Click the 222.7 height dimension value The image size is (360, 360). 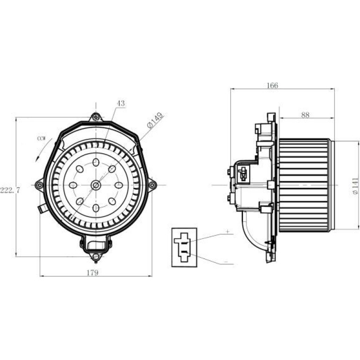[x=10, y=190]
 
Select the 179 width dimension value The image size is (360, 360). [x=93, y=273]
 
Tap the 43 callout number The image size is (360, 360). [x=121, y=103]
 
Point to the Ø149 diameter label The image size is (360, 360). [x=155, y=121]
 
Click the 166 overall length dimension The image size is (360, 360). [x=272, y=86]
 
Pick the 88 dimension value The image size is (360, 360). [x=305, y=115]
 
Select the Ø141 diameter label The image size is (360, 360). [x=355, y=186]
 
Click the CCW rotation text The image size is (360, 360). [x=41, y=139]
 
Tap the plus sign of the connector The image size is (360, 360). [x=228, y=231]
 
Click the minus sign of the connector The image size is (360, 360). [x=226, y=261]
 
